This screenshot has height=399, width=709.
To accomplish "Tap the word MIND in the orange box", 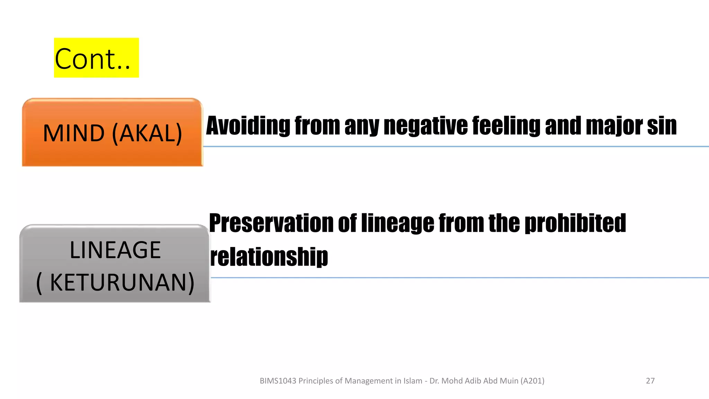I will pos(74,133).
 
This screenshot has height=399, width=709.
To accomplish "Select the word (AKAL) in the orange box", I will pos(147,133).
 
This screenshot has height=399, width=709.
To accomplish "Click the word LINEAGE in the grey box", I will pos(115,250).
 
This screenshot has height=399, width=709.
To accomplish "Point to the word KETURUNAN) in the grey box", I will pos(122,283).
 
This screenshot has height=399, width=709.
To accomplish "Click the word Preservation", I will pos(271,223).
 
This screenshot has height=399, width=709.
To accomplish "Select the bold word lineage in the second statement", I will pos(397,224).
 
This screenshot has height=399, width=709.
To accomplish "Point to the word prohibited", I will pos(575,224).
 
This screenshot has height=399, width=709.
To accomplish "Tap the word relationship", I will pos(269,257).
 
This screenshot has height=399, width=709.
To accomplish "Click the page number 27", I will pos(650,381).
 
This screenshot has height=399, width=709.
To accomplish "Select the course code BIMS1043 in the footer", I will pos(278,381).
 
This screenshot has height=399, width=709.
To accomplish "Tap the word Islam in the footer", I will pos(413,381).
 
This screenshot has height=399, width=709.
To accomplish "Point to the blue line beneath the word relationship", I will pos(450,277).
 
